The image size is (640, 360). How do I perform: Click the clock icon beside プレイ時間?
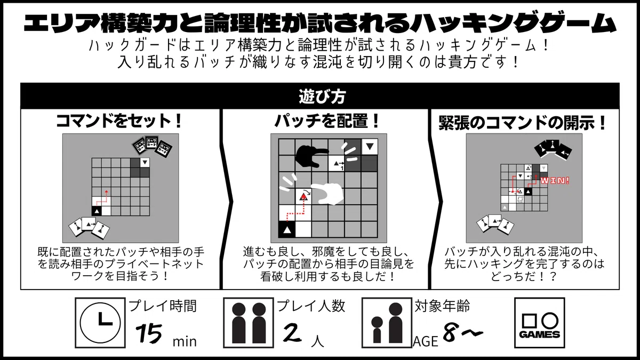pyautogui.click(x=100, y=323)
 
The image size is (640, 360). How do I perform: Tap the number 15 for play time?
pyautogui.click(x=149, y=333)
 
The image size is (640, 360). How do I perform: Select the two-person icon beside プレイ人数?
pyautogui.click(x=249, y=323)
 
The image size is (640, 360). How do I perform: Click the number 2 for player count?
pyautogui.click(x=292, y=333)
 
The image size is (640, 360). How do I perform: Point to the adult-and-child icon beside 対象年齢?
pyautogui.click(x=387, y=323)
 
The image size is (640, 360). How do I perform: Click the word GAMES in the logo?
pyautogui.click(x=539, y=334)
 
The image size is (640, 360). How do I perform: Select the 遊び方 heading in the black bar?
pyautogui.click(x=322, y=97)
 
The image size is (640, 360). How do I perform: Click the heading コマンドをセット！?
pyautogui.click(x=119, y=121)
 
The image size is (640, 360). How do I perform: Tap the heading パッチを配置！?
pyautogui.click(x=327, y=121)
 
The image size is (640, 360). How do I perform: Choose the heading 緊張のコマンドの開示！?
pyautogui.click(x=523, y=123)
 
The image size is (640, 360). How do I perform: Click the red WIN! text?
pyautogui.click(x=555, y=181)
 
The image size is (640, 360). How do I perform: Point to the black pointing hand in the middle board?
pyautogui.click(x=311, y=156)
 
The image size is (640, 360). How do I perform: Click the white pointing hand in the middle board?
pyautogui.click(x=327, y=194)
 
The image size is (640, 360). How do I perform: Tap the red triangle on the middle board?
pyautogui.click(x=303, y=197)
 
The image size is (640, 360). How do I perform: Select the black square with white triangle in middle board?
pyautogui.click(x=287, y=229)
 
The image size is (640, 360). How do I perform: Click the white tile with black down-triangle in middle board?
pyautogui.click(x=370, y=147)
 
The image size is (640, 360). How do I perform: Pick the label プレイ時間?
pyautogui.click(x=163, y=306)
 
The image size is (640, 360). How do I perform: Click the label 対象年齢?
pyautogui.click(x=442, y=306)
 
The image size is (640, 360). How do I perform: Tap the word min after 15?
pyautogui.click(x=185, y=341)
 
